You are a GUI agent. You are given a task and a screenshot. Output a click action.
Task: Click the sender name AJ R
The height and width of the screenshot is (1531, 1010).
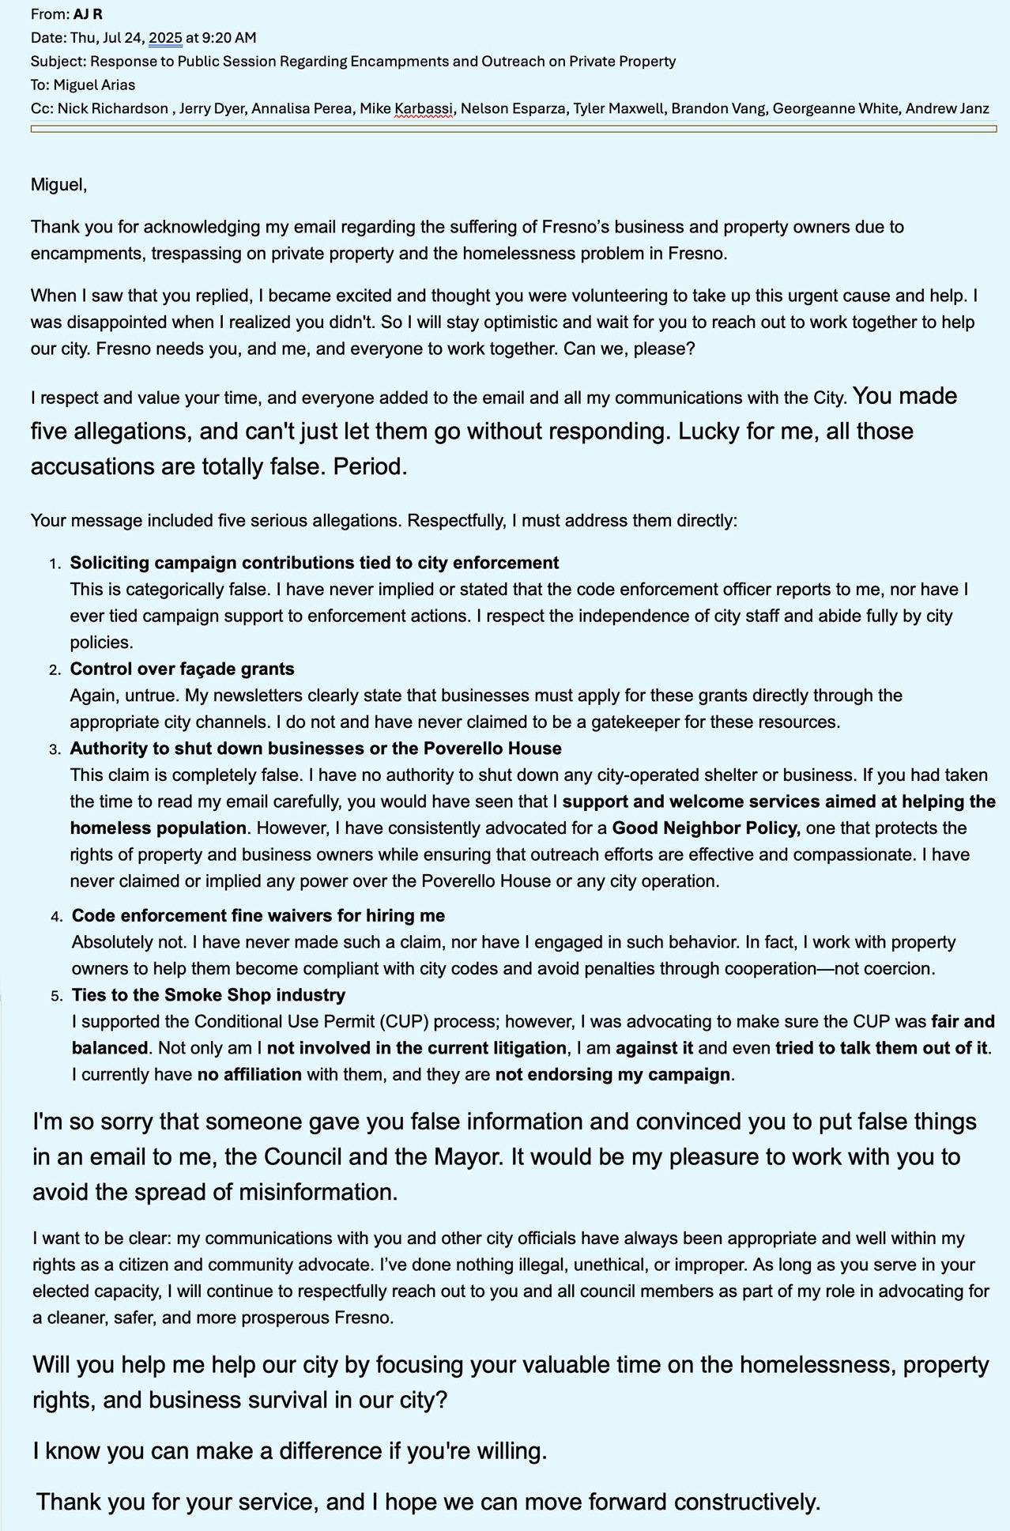pos(88,14)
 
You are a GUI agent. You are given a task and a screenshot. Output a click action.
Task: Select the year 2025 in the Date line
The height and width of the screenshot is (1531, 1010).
pos(165,38)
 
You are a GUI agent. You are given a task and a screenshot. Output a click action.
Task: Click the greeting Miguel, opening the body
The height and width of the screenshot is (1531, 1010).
pos(58,185)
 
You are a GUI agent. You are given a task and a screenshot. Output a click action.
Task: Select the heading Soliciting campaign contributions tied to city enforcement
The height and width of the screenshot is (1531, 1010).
pos(314,563)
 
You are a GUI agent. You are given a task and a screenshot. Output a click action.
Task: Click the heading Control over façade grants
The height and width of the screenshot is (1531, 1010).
pos(182,669)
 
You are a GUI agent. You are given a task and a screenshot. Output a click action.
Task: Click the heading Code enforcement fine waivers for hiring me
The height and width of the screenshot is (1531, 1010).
pos(258,915)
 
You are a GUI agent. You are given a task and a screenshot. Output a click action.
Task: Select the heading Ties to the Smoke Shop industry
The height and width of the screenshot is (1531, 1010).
pos(208,995)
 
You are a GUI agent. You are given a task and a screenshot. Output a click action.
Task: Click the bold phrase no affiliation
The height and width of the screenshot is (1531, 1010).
pos(249,1075)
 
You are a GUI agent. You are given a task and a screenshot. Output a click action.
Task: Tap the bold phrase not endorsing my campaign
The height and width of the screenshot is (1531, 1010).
pos(612,1075)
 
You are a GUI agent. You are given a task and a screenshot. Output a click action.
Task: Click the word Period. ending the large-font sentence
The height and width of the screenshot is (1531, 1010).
pos(370,467)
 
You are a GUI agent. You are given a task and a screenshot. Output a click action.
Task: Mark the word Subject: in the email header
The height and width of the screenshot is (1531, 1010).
pos(58,62)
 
